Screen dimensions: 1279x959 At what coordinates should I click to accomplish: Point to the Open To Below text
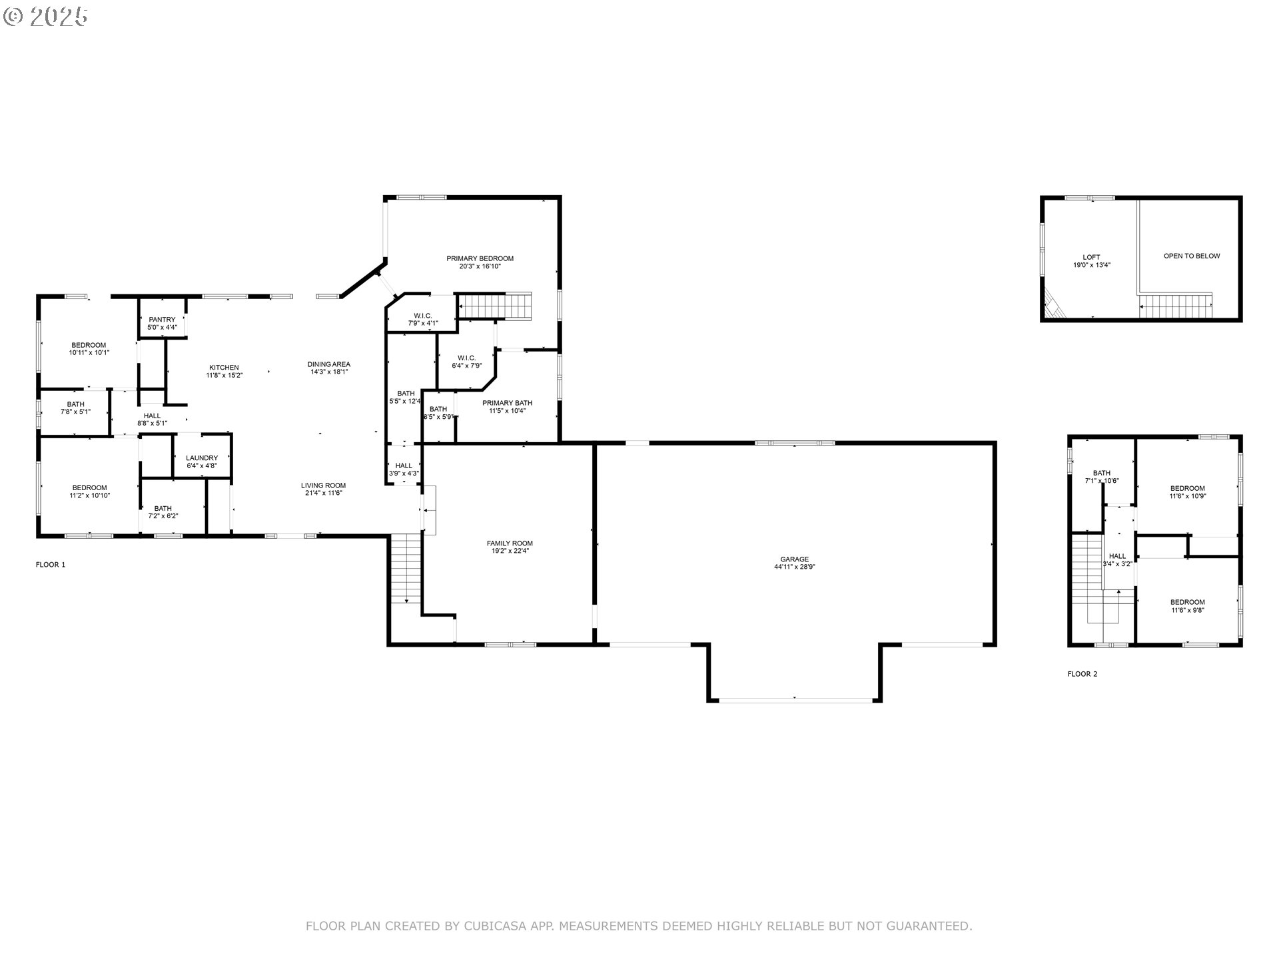pos(1192,256)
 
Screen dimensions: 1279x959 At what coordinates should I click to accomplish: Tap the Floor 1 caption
pos(51,565)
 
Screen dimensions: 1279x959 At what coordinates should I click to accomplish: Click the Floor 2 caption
pos(1082,674)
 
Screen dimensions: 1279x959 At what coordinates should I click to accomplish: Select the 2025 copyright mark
pos(45,16)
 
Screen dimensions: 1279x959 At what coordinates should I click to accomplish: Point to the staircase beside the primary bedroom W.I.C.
pos(495,306)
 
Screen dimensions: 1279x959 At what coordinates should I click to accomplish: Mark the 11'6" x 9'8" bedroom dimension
pos(1188,610)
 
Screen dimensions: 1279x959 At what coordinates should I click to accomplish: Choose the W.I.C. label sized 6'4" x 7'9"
pos(466,362)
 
